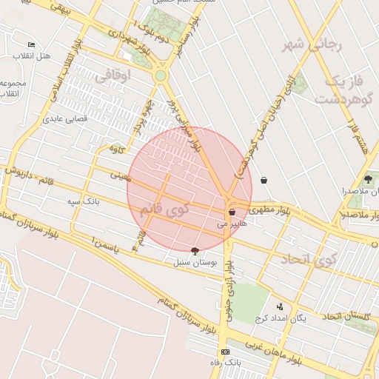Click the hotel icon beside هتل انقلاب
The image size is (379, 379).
[x=30, y=45]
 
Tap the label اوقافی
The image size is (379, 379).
[x=113, y=75]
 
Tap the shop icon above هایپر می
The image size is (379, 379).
[x=232, y=212]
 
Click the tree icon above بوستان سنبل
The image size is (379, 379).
[x=195, y=251]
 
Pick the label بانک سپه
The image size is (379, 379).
[x=83, y=201]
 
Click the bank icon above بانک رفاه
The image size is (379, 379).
[x=226, y=352]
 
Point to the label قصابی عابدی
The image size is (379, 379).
[x=65, y=118]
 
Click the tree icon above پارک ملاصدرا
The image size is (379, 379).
[x=368, y=179]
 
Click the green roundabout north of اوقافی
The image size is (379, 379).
[x=161, y=76]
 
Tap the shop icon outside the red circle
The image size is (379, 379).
[x=264, y=180]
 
